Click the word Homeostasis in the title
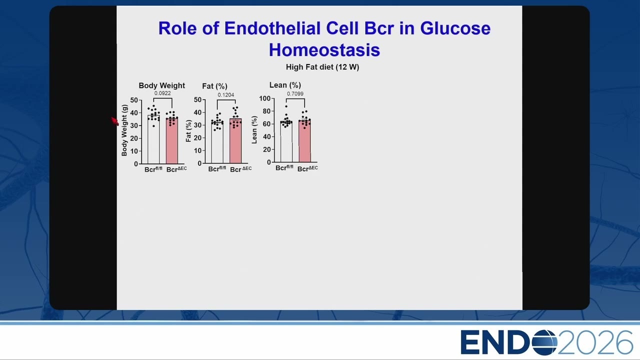(x=324, y=50)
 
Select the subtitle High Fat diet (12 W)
(x=322, y=67)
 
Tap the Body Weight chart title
(x=161, y=85)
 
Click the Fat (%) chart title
(x=214, y=86)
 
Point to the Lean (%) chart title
(x=285, y=85)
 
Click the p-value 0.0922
(x=162, y=93)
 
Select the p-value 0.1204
(x=225, y=95)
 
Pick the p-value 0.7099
(x=295, y=93)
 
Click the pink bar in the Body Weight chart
(x=171, y=141)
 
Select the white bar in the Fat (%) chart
(x=217, y=142)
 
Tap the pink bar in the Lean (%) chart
(x=304, y=141)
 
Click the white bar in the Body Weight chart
(x=153, y=139)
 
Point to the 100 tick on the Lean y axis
(x=264, y=98)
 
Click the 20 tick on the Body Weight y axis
(x=134, y=138)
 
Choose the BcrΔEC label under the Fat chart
(x=241, y=169)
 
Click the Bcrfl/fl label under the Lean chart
(x=284, y=167)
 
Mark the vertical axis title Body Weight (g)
(x=124, y=130)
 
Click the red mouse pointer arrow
(x=115, y=121)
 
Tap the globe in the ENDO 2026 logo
(x=544, y=342)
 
